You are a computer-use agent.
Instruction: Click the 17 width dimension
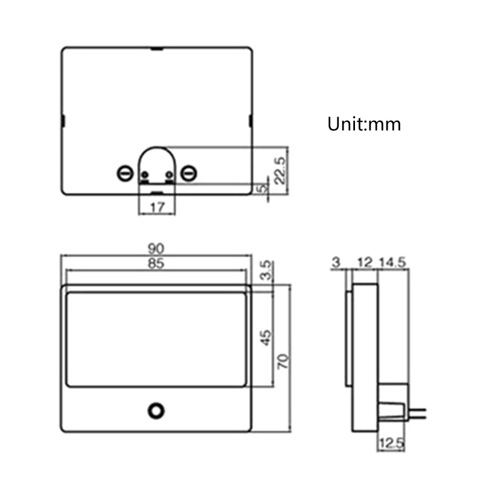click(157, 206)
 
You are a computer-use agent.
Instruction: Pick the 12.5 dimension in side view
click(391, 444)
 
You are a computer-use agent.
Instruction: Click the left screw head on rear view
click(125, 173)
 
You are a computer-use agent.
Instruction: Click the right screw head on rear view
click(190, 173)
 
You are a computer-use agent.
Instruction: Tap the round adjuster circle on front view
click(156, 410)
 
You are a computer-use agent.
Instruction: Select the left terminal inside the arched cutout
click(145, 176)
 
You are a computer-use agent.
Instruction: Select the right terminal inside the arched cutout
click(169, 176)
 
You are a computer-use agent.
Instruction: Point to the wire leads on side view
click(418, 413)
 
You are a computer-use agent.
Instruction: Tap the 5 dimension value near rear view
click(261, 188)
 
